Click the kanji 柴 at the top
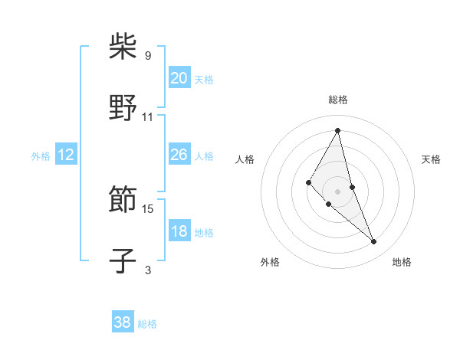pyautogui.click(x=123, y=47)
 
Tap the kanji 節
pyautogui.click(x=123, y=201)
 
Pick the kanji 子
pyautogui.click(x=123, y=261)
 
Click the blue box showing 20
pyautogui.click(x=179, y=78)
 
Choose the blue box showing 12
pyautogui.click(x=66, y=155)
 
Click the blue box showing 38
pyautogui.click(x=123, y=323)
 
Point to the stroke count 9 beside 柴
pyautogui.click(x=148, y=55)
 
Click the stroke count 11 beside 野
pyautogui.click(x=148, y=116)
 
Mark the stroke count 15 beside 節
pyautogui.click(x=148, y=208)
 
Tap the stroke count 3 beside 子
pyautogui.click(x=148, y=270)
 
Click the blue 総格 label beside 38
pyautogui.click(x=147, y=324)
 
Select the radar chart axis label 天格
pyautogui.click(x=431, y=159)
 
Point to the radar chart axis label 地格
pyautogui.click(x=402, y=262)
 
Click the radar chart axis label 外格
pyautogui.click(x=270, y=262)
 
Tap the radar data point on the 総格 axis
pyautogui.click(x=337, y=130)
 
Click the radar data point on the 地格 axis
pyautogui.click(x=374, y=242)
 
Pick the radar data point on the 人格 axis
pyautogui.click(x=308, y=182)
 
